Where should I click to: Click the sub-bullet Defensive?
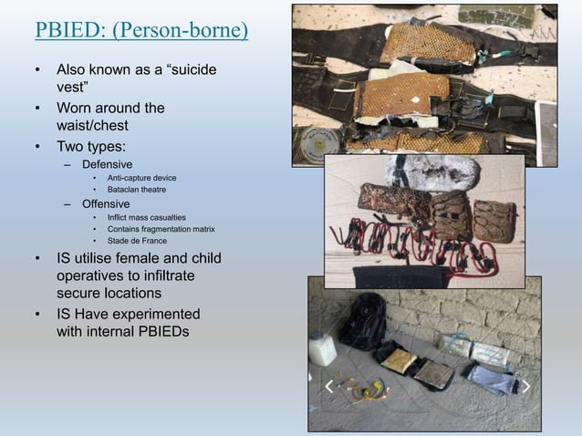point(108,163)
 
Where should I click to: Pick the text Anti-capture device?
point(142,177)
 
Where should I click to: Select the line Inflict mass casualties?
point(146,216)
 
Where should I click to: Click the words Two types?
point(94,145)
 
